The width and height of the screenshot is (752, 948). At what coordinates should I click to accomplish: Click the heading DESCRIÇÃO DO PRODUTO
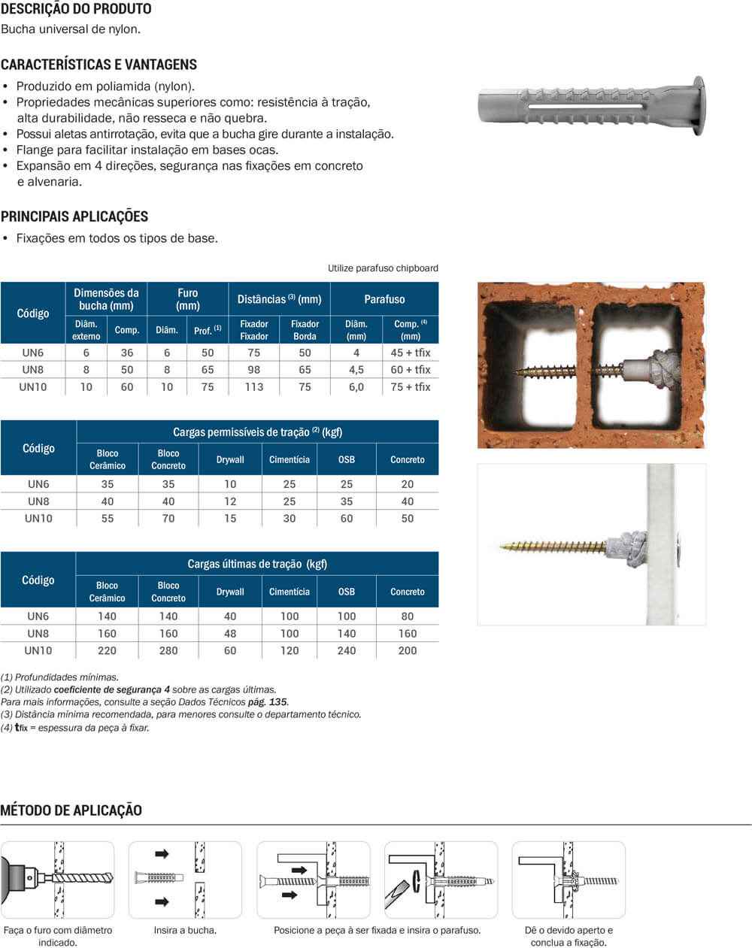[76, 9]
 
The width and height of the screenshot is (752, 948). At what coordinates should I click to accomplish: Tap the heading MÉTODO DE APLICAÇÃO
[71, 810]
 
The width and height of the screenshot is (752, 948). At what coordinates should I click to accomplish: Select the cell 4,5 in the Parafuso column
[356, 369]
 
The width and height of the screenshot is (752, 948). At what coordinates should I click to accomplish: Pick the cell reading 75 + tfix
[410, 386]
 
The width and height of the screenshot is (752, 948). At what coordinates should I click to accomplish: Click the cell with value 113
[254, 386]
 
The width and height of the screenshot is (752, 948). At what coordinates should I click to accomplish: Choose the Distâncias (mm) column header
[279, 299]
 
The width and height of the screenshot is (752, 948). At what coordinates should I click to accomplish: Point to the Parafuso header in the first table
[384, 299]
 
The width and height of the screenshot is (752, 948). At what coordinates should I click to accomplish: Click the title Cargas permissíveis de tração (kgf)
[257, 432]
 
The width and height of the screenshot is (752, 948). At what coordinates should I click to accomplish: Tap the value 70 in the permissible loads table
[168, 518]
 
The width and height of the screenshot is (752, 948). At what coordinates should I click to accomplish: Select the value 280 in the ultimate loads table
[168, 650]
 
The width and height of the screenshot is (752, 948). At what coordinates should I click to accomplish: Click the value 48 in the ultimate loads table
[230, 633]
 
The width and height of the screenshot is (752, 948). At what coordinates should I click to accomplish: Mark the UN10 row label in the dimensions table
[32, 386]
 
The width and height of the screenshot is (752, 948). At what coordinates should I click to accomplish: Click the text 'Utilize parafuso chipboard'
[383, 268]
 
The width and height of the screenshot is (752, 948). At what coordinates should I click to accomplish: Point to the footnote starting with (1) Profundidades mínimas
[60, 677]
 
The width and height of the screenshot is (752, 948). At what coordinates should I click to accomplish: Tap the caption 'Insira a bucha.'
[185, 930]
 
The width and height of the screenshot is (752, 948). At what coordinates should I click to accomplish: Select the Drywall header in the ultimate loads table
[230, 592]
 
